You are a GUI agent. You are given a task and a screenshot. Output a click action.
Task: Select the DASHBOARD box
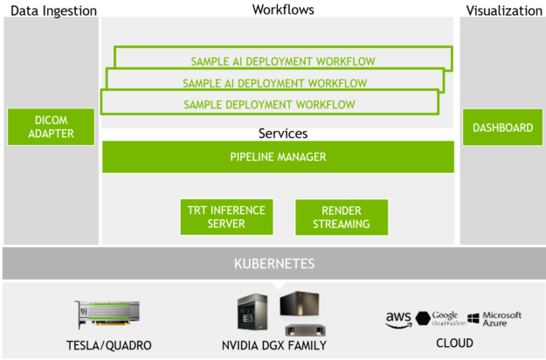point(502,128)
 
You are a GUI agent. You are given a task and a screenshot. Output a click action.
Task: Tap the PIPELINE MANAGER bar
point(278,157)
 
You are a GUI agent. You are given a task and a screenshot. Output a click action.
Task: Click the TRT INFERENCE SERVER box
point(227,217)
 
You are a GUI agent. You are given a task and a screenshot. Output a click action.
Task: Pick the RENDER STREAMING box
point(341,217)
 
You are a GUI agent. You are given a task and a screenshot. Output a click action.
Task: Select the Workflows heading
point(282,10)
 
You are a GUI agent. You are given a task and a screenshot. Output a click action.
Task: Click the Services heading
point(282,134)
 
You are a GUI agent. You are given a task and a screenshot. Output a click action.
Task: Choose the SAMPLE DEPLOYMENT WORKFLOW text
point(269,105)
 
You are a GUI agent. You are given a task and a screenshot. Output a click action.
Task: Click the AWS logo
point(398,320)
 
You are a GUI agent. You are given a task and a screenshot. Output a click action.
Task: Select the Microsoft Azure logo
point(494,319)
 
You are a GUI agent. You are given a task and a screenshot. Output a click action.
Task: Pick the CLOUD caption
point(454,343)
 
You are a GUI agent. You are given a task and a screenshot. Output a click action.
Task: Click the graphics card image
point(107,312)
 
